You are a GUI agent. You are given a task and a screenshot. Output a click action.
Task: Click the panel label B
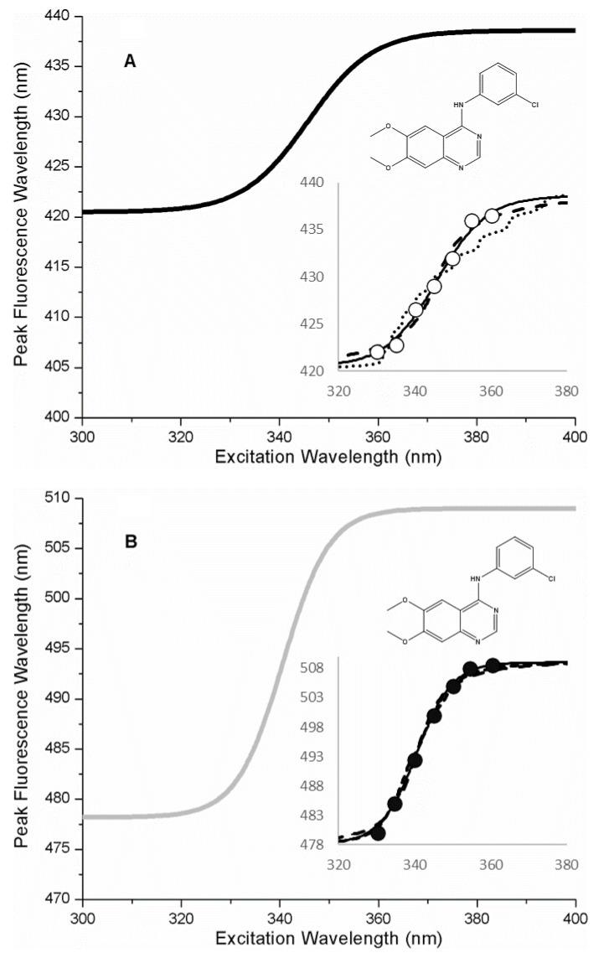[x=131, y=541]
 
